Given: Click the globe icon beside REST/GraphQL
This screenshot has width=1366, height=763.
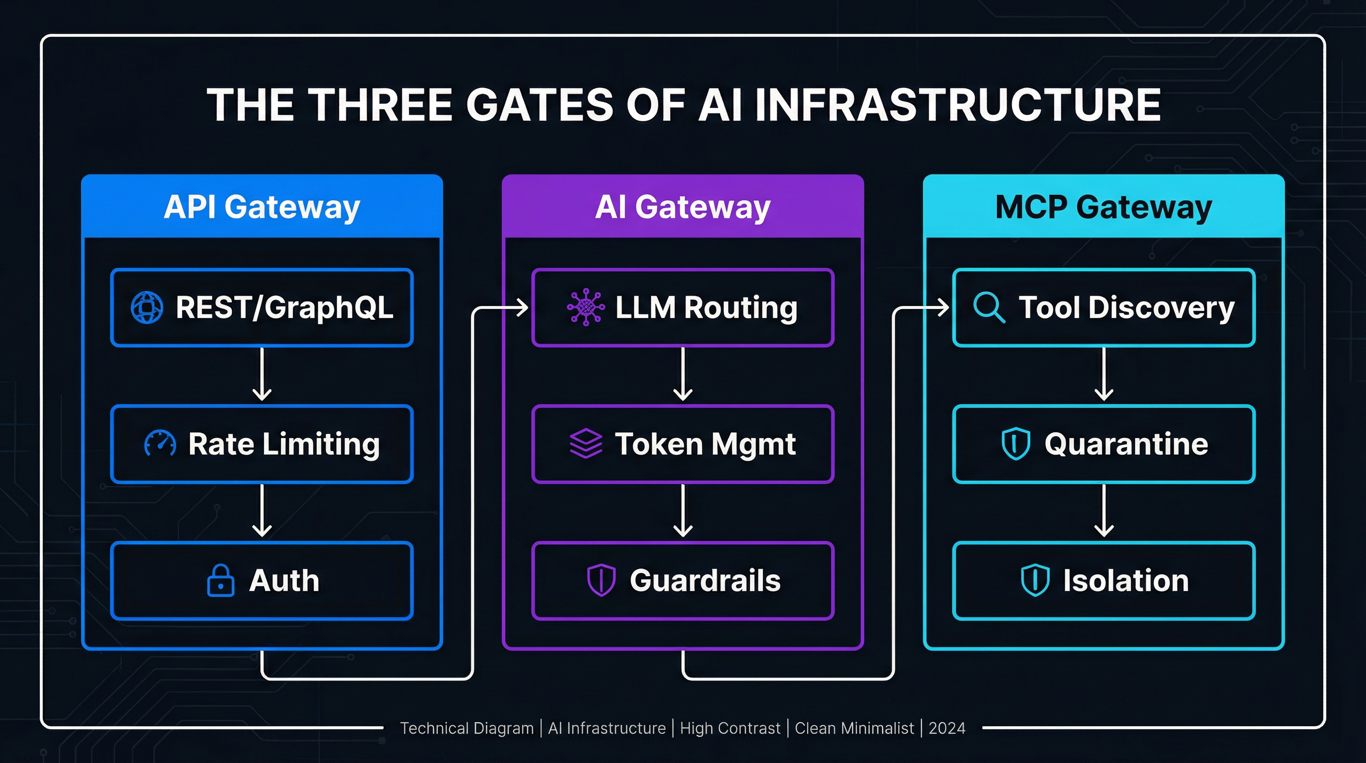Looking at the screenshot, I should [x=147, y=307].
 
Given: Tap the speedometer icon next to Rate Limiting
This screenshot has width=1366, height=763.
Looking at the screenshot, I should [x=160, y=444].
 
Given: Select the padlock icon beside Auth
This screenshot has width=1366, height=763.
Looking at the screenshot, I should [x=220, y=581].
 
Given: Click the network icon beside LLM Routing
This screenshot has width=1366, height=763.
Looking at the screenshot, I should [x=585, y=306].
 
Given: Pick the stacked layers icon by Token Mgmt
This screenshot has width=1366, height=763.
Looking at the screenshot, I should [x=585, y=444].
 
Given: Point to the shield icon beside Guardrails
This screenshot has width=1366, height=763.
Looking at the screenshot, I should [x=601, y=581].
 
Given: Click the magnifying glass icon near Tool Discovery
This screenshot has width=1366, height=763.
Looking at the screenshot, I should [x=989, y=307].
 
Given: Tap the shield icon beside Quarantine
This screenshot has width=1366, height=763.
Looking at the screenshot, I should [x=1016, y=444].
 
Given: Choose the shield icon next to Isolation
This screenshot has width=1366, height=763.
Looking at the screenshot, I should [x=1034, y=581].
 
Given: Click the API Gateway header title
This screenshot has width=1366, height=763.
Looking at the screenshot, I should [x=262, y=207].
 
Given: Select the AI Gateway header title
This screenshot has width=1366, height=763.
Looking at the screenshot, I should [x=683, y=207].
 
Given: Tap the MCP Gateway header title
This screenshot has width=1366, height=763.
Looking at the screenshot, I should [x=1103, y=207].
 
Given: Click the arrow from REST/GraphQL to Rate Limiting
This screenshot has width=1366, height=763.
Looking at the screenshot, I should [x=262, y=375].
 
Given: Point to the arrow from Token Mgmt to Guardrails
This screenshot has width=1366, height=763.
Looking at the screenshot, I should [x=683, y=511].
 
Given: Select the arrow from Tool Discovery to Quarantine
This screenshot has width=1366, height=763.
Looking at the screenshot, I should [x=1103, y=375].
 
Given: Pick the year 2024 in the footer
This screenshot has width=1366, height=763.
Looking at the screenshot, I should [x=947, y=729].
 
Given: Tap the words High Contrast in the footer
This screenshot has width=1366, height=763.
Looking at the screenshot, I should [x=730, y=729].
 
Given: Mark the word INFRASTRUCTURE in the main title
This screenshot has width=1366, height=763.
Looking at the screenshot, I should [x=957, y=105].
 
